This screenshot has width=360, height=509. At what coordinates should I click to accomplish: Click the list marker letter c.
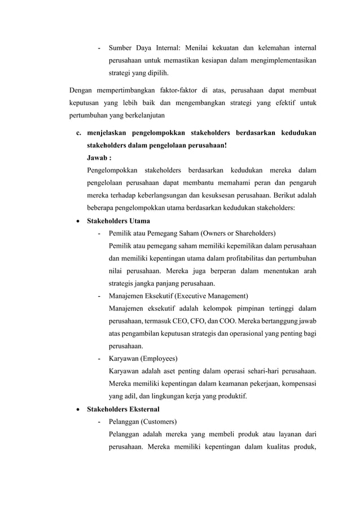coord(78,133)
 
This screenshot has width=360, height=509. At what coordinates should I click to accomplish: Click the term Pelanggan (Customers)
coord(142,422)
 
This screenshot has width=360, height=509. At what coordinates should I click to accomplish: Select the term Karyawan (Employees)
coord(143,359)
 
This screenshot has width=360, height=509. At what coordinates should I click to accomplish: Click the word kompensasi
coord(296,384)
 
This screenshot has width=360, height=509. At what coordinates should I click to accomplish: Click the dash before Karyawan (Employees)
coord(99,359)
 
